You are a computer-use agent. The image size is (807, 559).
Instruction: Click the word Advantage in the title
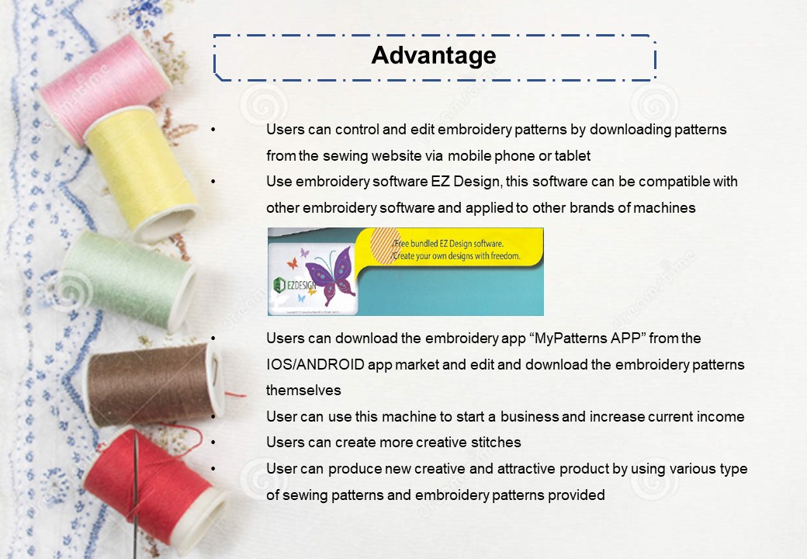(433, 56)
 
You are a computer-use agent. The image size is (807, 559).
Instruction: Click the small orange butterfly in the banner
(293, 264)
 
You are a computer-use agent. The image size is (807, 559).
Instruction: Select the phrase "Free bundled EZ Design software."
(449, 244)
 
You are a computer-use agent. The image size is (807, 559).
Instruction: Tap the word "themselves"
(303, 391)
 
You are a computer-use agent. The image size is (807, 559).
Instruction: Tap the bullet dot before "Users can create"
(213, 443)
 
